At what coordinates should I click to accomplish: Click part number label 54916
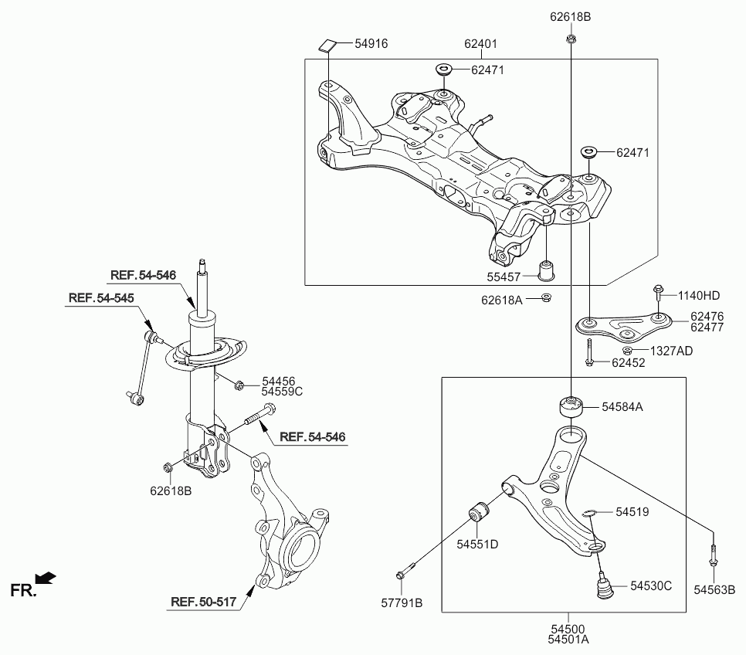371,44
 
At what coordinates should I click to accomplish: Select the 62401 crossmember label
480,44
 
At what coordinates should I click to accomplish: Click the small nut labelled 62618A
547,299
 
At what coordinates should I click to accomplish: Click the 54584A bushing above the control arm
570,407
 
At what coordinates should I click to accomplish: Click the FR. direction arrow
46,577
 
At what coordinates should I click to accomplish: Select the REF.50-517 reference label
202,602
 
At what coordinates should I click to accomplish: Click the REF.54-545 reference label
100,298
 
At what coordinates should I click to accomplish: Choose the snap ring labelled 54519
588,511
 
